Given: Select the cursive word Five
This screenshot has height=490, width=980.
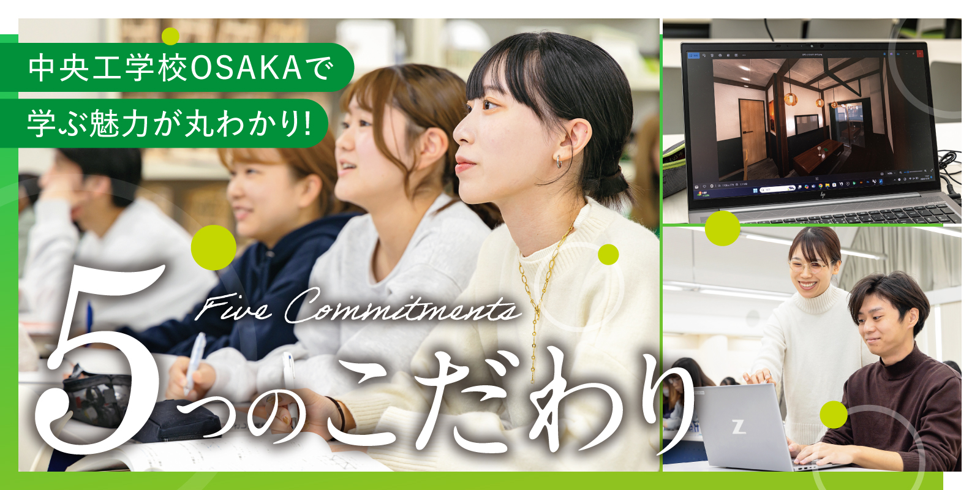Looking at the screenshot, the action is tap(232, 307).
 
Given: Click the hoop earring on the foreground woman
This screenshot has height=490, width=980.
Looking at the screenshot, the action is tap(560, 161).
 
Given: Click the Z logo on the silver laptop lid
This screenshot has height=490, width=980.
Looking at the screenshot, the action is tap(739, 426).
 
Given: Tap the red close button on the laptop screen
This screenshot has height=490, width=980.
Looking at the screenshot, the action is tap(920, 54).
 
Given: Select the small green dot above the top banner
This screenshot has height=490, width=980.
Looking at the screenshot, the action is tap(170, 36).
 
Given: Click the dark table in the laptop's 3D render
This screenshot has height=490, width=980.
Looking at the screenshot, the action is tap(818, 156).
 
